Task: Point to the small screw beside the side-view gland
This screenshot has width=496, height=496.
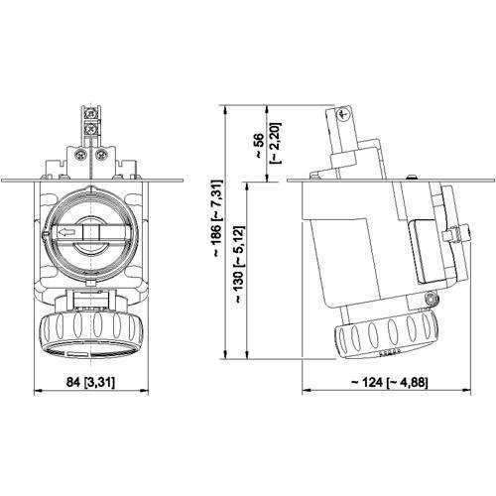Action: (x=428, y=299)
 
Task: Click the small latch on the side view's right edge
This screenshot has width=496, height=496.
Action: (x=458, y=235)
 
